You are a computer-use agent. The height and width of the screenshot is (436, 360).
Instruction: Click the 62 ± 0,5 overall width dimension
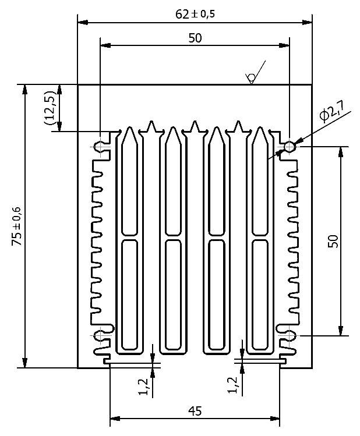click(x=195, y=14)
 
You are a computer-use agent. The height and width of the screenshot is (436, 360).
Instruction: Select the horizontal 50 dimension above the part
click(x=195, y=38)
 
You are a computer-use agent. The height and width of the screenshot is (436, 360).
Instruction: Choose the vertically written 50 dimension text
click(x=333, y=241)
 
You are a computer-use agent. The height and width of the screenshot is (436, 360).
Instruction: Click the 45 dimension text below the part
click(x=195, y=412)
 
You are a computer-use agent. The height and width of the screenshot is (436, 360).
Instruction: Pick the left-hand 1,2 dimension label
click(x=143, y=385)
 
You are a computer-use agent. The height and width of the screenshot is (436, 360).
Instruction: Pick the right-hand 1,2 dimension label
click(x=232, y=385)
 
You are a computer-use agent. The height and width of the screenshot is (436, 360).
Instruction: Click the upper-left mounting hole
click(x=100, y=146)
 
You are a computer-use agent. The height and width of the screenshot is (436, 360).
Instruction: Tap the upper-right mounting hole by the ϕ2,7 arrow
click(x=289, y=146)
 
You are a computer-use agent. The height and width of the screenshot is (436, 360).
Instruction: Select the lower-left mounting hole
click(x=100, y=336)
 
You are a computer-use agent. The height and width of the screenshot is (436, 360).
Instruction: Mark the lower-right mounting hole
click(x=289, y=336)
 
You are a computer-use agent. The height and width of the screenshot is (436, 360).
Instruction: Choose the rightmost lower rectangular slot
click(x=260, y=291)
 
